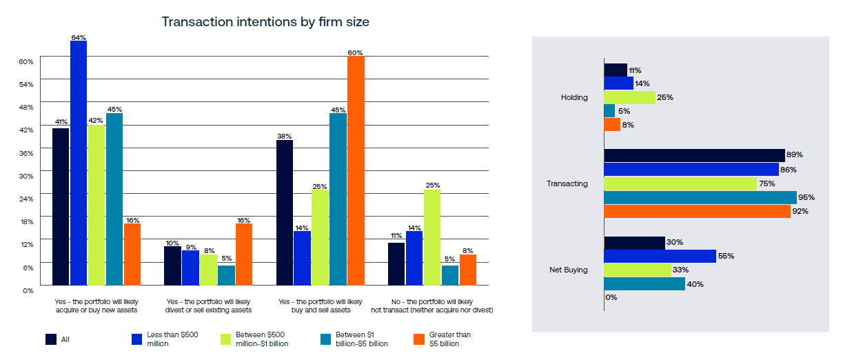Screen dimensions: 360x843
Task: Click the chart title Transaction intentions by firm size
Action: (x=265, y=21)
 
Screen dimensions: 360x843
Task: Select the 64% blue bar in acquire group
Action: (x=79, y=163)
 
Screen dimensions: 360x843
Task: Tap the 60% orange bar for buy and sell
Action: (x=356, y=170)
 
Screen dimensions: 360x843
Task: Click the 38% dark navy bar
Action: (x=284, y=212)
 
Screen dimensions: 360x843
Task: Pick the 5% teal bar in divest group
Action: (x=226, y=275)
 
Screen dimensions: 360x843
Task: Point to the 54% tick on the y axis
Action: (x=26, y=84)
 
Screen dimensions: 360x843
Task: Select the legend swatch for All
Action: (x=51, y=339)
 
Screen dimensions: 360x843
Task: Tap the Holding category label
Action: (x=574, y=97)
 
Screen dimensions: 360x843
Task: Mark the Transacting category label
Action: (x=567, y=183)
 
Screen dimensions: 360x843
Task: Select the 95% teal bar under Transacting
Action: (x=700, y=197)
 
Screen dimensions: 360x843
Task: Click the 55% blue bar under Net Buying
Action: (x=660, y=256)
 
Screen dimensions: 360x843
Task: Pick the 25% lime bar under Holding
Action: (x=629, y=97)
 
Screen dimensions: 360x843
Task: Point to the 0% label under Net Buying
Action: (x=611, y=297)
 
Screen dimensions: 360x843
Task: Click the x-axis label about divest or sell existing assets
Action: (x=209, y=306)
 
